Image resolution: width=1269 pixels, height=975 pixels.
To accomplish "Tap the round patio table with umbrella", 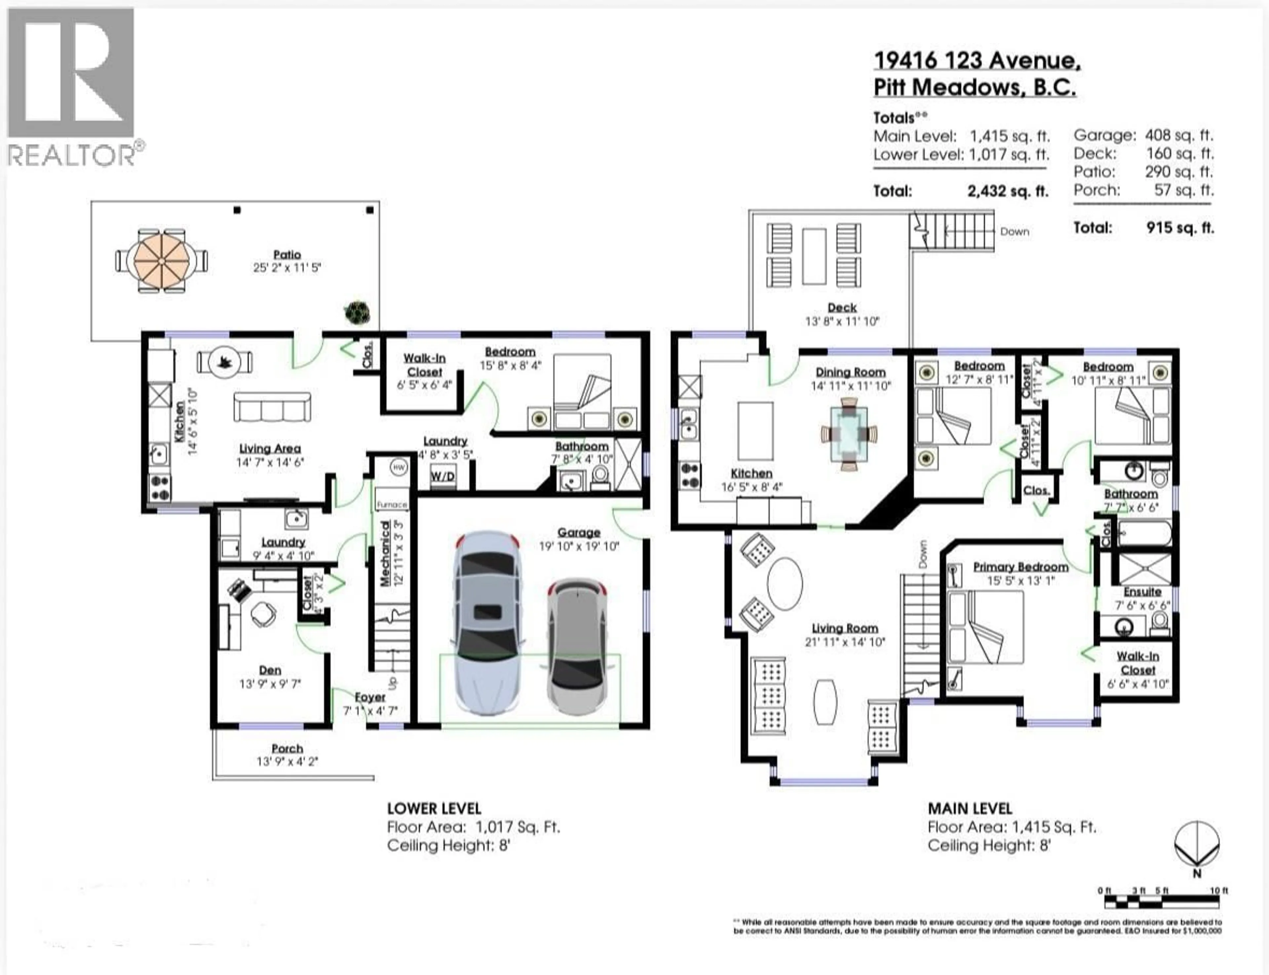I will (x=161, y=261).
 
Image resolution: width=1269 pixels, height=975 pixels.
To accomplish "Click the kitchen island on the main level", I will (x=755, y=431).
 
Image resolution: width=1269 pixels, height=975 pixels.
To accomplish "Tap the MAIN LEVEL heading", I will (x=970, y=808).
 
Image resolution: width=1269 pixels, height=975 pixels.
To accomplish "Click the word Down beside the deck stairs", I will (x=1014, y=232).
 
